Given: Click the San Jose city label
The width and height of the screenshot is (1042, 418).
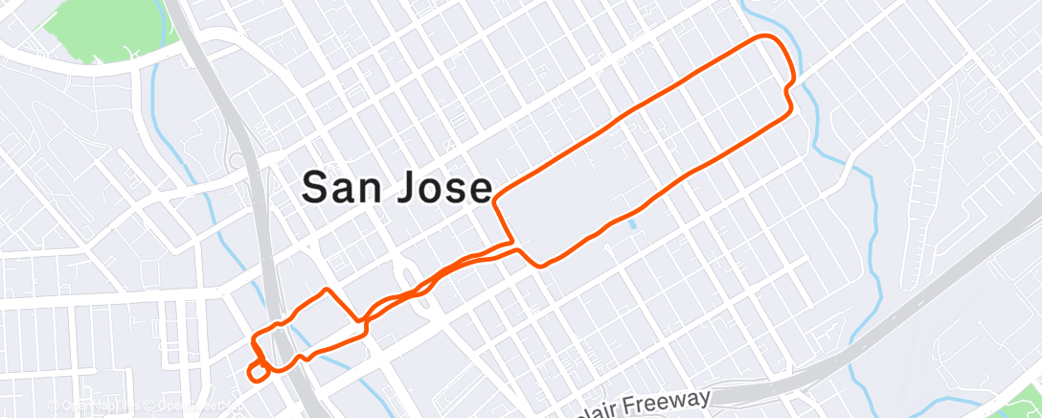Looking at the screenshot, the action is [x=397, y=187].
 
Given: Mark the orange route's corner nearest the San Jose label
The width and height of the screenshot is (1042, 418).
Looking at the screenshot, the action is [x=496, y=200].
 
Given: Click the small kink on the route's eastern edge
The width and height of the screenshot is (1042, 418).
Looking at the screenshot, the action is [x=787, y=91].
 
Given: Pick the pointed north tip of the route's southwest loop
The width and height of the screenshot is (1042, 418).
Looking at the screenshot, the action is [x=328, y=289].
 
